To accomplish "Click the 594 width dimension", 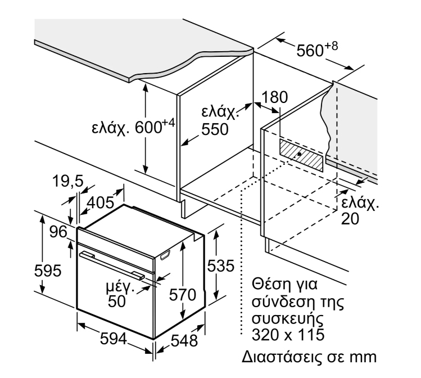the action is tap(114, 339).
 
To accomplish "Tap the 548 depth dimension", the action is tap(184, 341).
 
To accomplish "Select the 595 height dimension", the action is tap(48, 270).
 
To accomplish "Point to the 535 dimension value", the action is tap(221, 266).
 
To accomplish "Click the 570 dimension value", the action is tap(183, 295).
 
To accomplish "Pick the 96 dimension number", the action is tap(58, 232).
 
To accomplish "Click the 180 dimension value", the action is tap(274, 97).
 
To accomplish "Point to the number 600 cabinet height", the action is tap(148, 127).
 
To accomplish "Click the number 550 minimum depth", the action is tap(215, 129).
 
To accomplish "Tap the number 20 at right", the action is tap(350, 219).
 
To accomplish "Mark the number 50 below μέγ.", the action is tap(117, 301).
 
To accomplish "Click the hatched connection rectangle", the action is tap(301, 155).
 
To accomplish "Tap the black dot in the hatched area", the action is tap(299, 155).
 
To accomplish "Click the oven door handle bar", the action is tap(112, 264).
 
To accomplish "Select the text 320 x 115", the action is tap(288, 335).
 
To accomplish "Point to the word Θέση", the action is tap(268, 284).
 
